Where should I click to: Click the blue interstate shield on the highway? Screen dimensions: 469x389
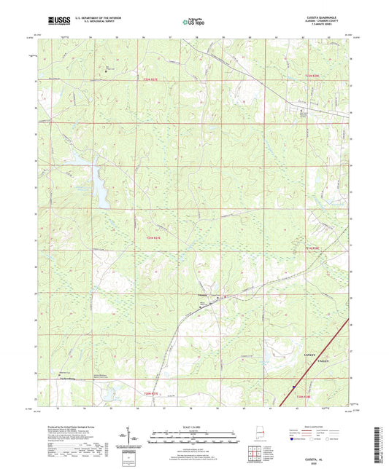(x=293, y=388)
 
